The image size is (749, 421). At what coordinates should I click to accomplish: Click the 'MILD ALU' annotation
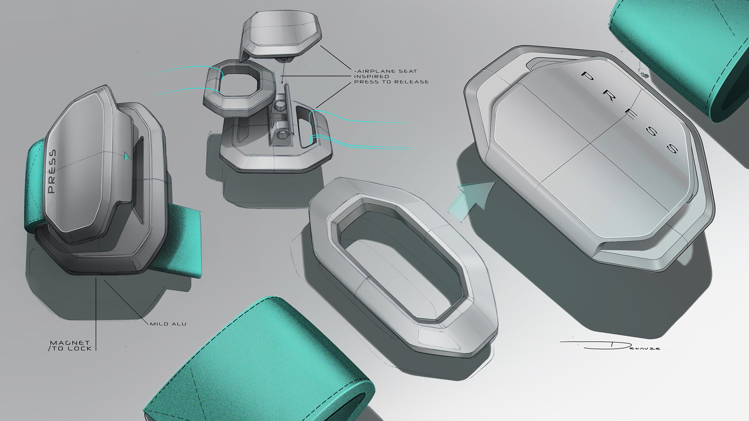(x=168, y=324)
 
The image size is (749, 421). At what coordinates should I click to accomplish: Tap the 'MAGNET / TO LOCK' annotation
(x=71, y=346)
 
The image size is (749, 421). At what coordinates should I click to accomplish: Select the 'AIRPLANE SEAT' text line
(x=386, y=71)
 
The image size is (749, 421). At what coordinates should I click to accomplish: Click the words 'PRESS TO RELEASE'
(x=391, y=82)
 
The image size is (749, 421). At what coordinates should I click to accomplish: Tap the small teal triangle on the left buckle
(x=127, y=156)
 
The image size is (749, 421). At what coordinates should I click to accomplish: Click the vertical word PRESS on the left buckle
(x=52, y=172)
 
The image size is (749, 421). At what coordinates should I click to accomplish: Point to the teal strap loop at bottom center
(x=257, y=363)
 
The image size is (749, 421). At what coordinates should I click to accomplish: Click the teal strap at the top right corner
(x=687, y=51)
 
